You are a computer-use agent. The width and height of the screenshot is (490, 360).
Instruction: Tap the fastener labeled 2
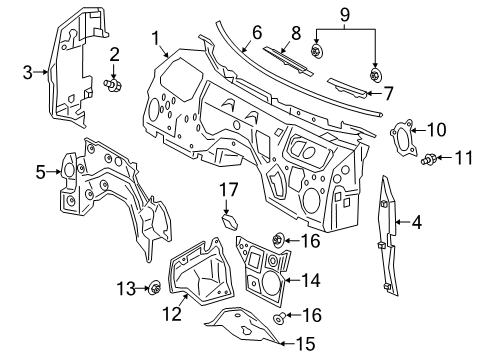(114, 85)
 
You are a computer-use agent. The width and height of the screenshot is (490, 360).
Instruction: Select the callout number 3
(28, 71)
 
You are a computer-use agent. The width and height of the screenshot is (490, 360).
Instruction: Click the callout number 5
(41, 173)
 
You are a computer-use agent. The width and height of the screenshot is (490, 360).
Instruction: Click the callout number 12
(172, 315)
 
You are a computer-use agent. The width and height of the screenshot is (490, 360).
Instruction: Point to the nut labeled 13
(156, 290)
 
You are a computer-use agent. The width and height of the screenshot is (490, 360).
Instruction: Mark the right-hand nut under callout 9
(377, 74)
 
